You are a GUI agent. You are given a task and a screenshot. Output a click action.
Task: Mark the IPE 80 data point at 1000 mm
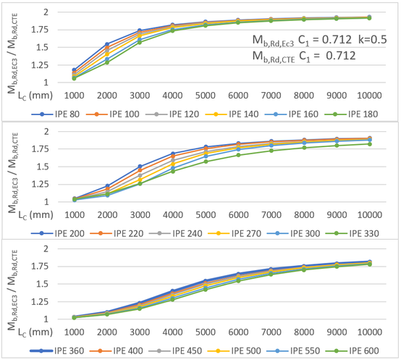coord(74,70)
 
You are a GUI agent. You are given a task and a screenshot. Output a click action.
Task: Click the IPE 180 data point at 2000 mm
coord(107,62)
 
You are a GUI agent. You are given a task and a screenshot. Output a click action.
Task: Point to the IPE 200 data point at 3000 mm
coord(140,166)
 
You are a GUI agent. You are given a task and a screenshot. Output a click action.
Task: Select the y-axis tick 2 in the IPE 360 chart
coord(54,248)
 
